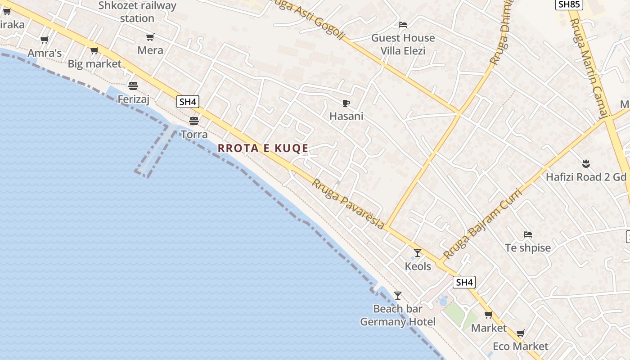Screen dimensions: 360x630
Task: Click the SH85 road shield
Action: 570,5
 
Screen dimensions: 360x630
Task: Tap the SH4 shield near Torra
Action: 188,102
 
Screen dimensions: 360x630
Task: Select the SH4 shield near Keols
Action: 464,283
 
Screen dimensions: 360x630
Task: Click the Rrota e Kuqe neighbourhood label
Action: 263,148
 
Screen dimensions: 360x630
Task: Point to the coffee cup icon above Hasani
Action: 346,103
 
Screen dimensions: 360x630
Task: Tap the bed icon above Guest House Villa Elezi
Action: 403,25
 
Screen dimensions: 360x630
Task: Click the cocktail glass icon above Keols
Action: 418,253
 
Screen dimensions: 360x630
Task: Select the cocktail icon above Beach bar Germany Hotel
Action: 397,296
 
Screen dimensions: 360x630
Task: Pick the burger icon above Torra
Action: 194,121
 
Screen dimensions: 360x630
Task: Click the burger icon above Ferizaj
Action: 133,85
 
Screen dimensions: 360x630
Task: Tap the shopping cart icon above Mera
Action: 150,37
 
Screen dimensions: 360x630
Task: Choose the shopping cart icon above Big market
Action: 94,51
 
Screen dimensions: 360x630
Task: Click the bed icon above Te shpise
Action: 528,234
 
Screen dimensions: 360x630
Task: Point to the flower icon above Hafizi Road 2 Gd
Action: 585,163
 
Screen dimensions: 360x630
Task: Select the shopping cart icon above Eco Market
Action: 521,333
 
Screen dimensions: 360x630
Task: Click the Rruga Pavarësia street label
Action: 348,204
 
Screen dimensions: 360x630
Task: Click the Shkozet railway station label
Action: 137,12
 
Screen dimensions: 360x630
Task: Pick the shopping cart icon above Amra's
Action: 44,40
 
